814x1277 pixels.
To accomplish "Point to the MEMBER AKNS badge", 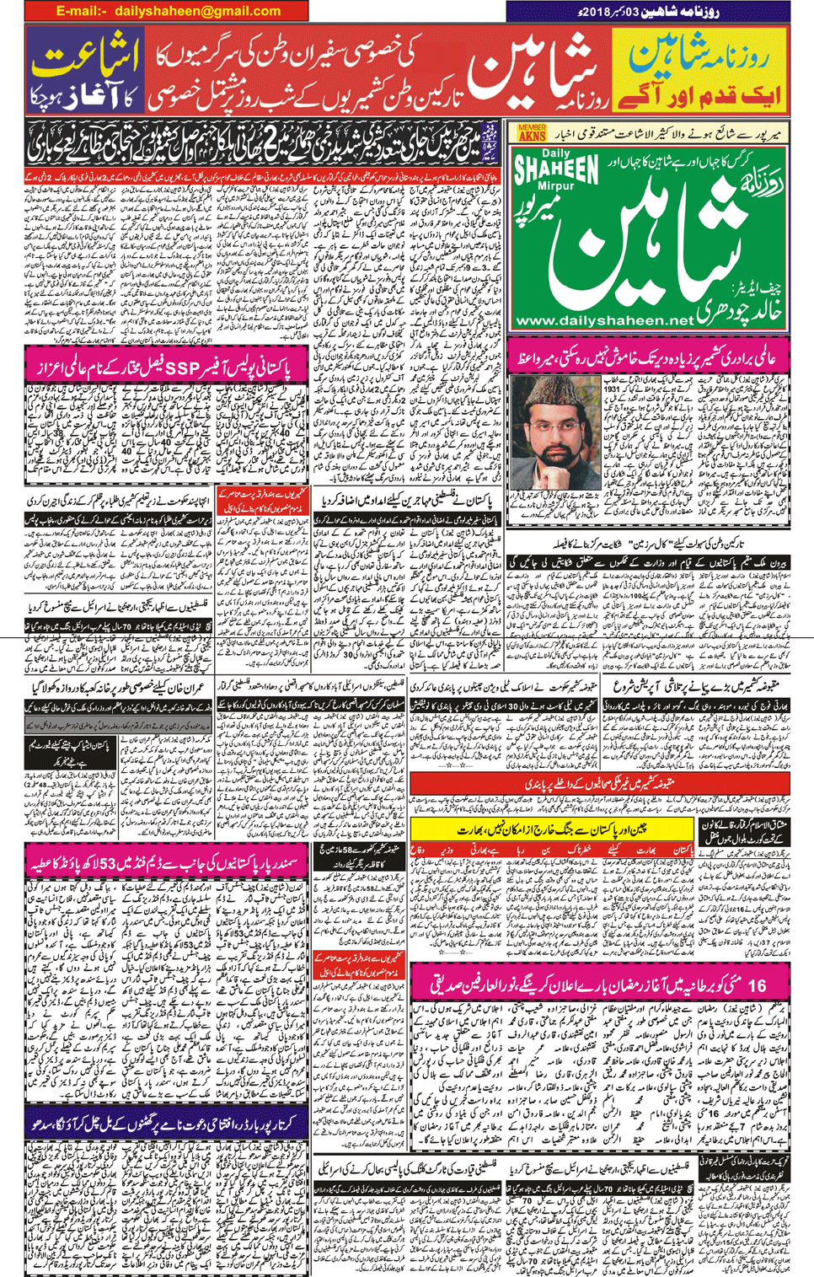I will (532, 132).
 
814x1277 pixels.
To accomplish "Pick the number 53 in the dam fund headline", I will (113, 864).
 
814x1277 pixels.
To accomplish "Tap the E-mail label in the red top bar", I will (82, 11).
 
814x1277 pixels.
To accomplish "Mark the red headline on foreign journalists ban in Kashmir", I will (602, 783).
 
